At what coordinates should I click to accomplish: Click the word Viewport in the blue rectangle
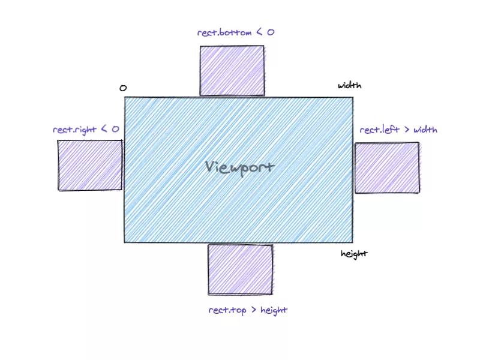pyautogui.click(x=239, y=168)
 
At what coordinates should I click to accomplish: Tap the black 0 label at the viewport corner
pyautogui.click(x=123, y=88)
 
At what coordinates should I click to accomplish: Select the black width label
pyautogui.click(x=350, y=85)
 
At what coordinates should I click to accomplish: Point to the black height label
pyautogui.click(x=354, y=254)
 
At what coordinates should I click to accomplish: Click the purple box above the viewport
pyautogui.click(x=232, y=71)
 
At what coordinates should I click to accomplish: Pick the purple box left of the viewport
pyautogui.click(x=90, y=166)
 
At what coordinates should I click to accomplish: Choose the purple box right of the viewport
pyautogui.click(x=387, y=168)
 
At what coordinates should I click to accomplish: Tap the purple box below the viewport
pyautogui.click(x=241, y=269)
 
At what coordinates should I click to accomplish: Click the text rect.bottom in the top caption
pyautogui.click(x=224, y=32)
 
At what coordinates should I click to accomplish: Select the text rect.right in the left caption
pyautogui.click(x=74, y=130)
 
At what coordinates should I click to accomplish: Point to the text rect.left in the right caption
pyautogui.click(x=380, y=130)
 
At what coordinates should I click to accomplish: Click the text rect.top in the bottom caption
pyautogui.click(x=227, y=310)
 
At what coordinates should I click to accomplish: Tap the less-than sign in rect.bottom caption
pyautogui.click(x=259, y=32)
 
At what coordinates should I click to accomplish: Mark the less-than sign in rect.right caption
pyautogui.click(x=104, y=129)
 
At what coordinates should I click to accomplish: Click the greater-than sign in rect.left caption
pyautogui.click(x=407, y=130)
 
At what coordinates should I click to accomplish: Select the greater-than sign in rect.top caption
pyautogui.click(x=254, y=310)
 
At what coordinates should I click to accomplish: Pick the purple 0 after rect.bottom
pyautogui.click(x=271, y=32)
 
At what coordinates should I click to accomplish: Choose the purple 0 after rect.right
pyautogui.click(x=115, y=129)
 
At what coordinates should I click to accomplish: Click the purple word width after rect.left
pyautogui.click(x=425, y=130)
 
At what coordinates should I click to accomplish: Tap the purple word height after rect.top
pyautogui.click(x=274, y=310)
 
